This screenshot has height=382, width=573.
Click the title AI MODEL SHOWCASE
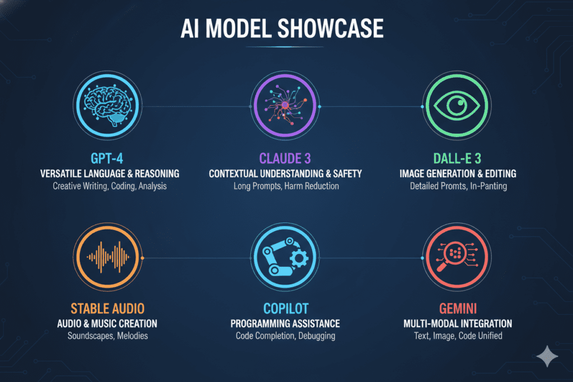pyautogui.click(x=286, y=29)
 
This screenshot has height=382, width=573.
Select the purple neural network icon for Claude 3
pyautogui.click(x=286, y=107)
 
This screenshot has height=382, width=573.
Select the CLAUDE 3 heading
pyautogui.click(x=286, y=158)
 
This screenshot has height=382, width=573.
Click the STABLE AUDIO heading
pyautogui.click(x=107, y=308)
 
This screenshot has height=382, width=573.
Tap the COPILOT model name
pyautogui.click(x=285, y=308)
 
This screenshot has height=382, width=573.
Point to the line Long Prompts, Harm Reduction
pyautogui.click(x=286, y=186)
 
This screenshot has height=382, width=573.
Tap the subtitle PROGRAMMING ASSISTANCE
pyautogui.click(x=285, y=323)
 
